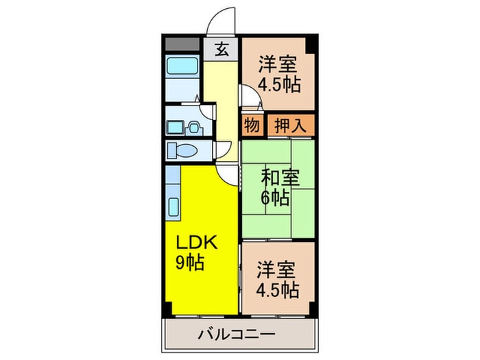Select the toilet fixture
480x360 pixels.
pyautogui.click(x=185, y=150)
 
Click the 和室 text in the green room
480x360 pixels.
pyautogui.click(x=280, y=178)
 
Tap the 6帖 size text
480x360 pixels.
pyautogui.click(x=275, y=198)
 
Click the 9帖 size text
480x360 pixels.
pyautogui.click(x=189, y=262)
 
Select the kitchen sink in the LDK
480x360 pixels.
pyautogui.click(x=173, y=206)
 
